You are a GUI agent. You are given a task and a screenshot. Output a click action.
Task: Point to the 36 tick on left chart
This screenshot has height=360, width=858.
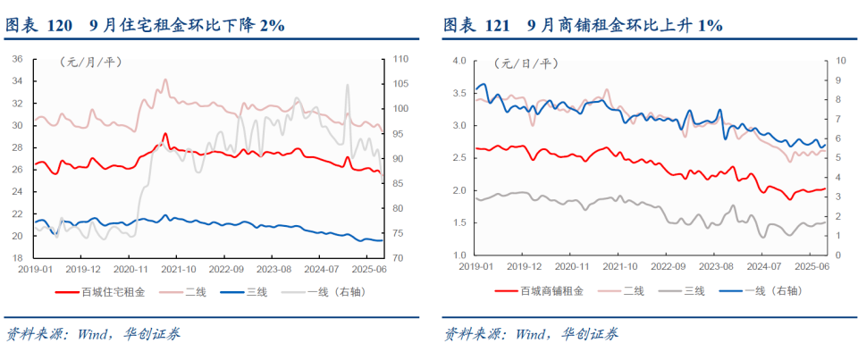click(16, 59)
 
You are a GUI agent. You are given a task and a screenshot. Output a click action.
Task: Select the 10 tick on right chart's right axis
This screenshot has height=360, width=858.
click(840, 61)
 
